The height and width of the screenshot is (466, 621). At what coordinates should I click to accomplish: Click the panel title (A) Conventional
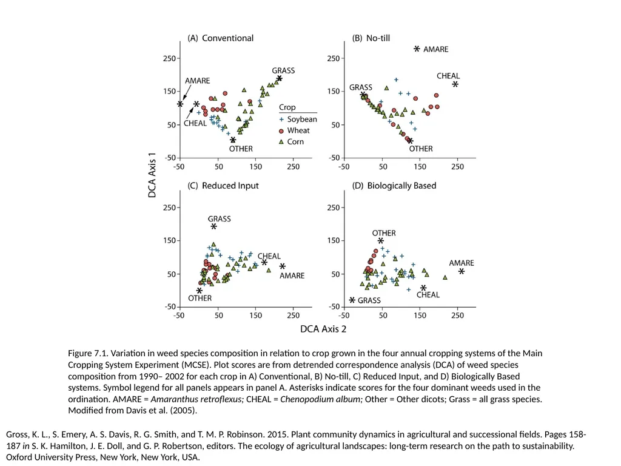pyautogui.click(x=220, y=38)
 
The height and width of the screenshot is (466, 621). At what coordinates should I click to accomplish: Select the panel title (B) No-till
pyautogui.click(x=371, y=38)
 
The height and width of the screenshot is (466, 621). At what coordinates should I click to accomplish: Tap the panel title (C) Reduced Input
pyautogui.click(x=223, y=186)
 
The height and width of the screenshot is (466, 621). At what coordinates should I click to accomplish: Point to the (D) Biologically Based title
pyautogui.click(x=394, y=186)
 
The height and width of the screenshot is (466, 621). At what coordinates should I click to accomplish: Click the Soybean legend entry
pyautogui.click(x=298, y=120)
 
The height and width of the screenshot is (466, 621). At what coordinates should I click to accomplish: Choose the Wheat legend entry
pyautogui.click(x=294, y=130)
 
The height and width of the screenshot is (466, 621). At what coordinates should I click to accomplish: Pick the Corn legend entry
pyautogui.click(x=291, y=141)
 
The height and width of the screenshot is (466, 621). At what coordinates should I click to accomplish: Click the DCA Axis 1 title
pyautogui.click(x=152, y=175)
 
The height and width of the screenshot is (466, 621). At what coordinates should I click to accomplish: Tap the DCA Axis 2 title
pyautogui.click(x=323, y=329)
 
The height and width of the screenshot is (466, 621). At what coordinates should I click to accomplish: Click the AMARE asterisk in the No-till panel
pyautogui.click(x=417, y=49)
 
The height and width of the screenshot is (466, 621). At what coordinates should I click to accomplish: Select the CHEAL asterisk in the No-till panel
pyautogui.click(x=455, y=84)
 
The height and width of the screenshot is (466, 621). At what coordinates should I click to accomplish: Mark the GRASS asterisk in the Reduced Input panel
pyautogui.click(x=214, y=226)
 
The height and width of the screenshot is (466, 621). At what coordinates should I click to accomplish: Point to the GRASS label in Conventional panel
pyautogui.click(x=283, y=70)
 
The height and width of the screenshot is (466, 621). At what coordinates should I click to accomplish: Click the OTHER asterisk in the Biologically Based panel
pyautogui.click(x=381, y=240)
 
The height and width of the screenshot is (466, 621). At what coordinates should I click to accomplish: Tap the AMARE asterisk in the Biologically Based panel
pyautogui.click(x=462, y=271)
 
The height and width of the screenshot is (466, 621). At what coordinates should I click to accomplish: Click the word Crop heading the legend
pyautogui.click(x=287, y=107)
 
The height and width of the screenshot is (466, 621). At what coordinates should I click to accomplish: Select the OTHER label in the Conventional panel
pyautogui.click(x=241, y=149)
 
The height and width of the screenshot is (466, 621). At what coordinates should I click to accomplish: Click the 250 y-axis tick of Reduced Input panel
pyautogui.click(x=169, y=208)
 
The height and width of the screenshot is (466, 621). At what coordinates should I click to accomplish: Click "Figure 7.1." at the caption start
pyautogui.click(x=88, y=353)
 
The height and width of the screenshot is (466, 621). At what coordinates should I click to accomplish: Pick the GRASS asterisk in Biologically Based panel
pyautogui.click(x=352, y=300)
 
